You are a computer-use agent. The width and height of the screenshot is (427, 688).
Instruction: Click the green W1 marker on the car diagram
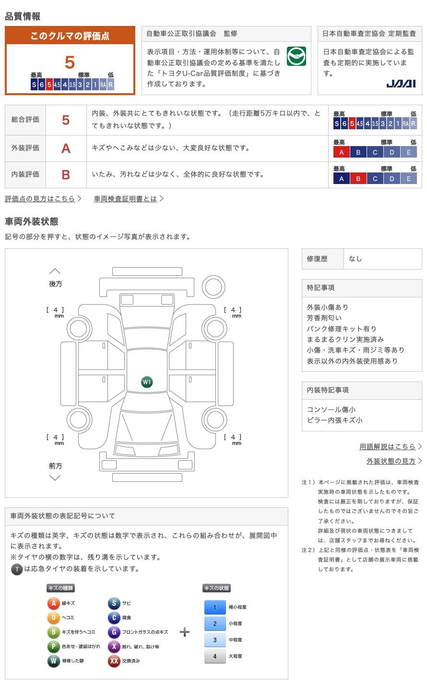pyautogui.click(x=147, y=382)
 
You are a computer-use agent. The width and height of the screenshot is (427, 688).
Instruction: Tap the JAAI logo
pyautogui.click(x=401, y=84)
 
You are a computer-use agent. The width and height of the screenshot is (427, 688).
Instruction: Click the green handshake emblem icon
pyautogui.click(x=296, y=56)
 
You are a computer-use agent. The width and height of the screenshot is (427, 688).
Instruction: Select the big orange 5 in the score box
pyautogui.click(x=70, y=62)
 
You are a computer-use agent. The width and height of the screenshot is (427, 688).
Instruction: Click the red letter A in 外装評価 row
pyautogui.click(x=66, y=148)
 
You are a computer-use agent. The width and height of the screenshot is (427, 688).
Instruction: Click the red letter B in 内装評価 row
pyautogui.click(x=66, y=174)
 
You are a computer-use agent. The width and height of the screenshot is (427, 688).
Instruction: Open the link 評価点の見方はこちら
pyautogui.click(x=40, y=198)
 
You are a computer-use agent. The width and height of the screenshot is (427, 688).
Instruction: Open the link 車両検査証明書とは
pyautogui.click(x=126, y=198)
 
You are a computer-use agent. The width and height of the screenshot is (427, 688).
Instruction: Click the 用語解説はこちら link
pyautogui.click(x=388, y=446)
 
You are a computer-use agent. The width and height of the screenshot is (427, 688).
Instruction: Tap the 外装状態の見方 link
pyautogui.click(x=391, y=461)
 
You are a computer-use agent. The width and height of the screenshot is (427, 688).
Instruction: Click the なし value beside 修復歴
pyautogui.click(x=356, y=258)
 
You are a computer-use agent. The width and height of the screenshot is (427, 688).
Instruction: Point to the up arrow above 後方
pyautogui.click(x=55, y=271)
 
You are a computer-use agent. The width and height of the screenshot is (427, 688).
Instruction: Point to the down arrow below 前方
pyautogui.click(x=55, y=478)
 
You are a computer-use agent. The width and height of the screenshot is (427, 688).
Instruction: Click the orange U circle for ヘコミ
pyautogui.click(x=53, y=618)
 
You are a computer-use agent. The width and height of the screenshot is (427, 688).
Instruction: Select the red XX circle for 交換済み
pyautogui.click(x=114, y=661)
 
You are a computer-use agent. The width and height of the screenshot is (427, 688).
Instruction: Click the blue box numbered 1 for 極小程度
pyautogui.click(x=215, y=607)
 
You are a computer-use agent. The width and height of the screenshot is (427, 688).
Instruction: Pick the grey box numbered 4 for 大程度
pyautogui.click(x=215, y=656)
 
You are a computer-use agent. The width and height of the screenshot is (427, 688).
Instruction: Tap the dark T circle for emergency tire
pyautogui.click(x=17, y=569)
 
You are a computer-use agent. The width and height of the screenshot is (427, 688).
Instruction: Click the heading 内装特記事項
pyautogui.click(x=328, y=390)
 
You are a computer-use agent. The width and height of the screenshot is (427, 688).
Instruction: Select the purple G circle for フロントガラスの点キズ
pyautogui.click(x=114, y=632)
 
